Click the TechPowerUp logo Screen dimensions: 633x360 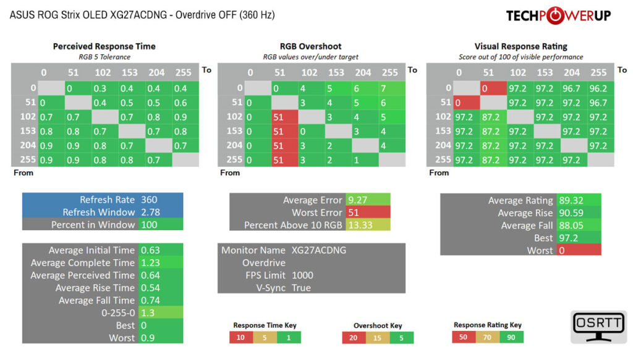(x=558, y=15)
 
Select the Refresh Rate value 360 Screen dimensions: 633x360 (x=149, y=200)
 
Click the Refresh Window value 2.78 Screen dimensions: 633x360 (x=150, y=212)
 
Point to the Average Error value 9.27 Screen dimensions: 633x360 (x=358, y=200)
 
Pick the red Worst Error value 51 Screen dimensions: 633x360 (x=354, y=213)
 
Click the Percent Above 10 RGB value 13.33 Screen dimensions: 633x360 (x=360, y=225)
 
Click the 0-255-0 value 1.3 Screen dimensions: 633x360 (x=147, y=313)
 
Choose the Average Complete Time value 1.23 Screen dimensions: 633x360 (x=150, y=263)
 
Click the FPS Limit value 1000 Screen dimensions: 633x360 (x=302, y=275)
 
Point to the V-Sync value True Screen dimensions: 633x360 (x=301, y=288)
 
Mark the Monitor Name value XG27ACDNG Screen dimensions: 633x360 (x=319, y=250)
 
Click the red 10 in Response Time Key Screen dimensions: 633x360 (x=240, y=337)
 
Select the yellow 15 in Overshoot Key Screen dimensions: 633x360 (x=377, y=338)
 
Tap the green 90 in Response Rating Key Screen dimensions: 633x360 (x=511, y=337)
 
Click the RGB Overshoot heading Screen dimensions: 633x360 (x=310, y=46)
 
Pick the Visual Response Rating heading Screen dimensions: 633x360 (x=520, y=46)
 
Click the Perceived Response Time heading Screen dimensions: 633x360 (x=104, y=46)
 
